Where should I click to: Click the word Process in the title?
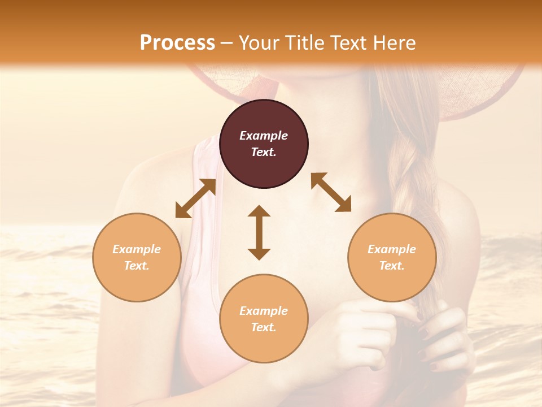[x=177, y=42]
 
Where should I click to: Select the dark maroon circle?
[x=264, y=144]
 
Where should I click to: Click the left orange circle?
[x=137, y=257]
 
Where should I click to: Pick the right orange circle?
[x=392, y=257]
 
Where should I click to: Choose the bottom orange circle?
[x=264, y=318]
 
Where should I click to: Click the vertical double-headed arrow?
[x=259, y=232]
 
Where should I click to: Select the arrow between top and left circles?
[x=195, y=198]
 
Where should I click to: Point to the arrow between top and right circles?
[x=331, y=192]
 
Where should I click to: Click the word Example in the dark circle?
[x=264, y=136]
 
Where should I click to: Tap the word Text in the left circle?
[x=137, y=266]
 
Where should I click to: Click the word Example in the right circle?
[x=392, y=249]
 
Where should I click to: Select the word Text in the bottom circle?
[x=264, y=327]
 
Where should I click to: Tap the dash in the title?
[x=227, y=43]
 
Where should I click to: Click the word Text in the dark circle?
[x=264, y=152]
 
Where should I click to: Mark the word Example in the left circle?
[x=137, y=249]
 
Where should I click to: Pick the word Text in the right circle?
[x=392, y=266]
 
